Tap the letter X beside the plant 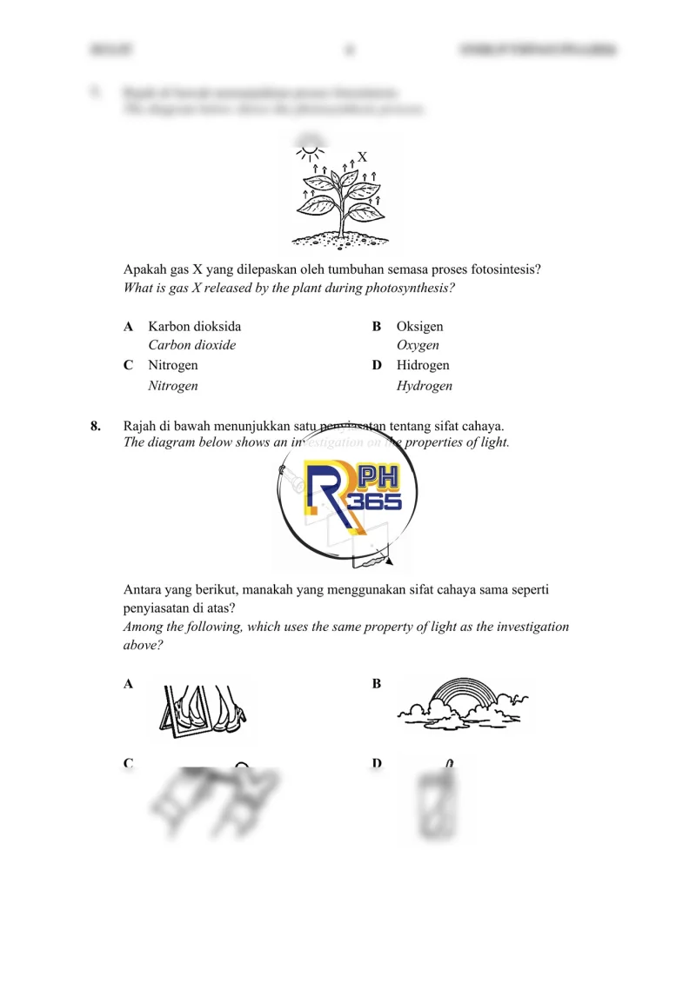click(x=362, y=157)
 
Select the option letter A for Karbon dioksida click(x=129, y=327)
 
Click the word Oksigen click(x=419, y=327)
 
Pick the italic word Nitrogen click(x=173, y=386)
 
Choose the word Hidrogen click(x=423, y=366)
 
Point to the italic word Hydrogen click(x=425, y=386)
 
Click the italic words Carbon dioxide click(x=192, y=345)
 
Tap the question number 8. click(x=96, y=426)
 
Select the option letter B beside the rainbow click(x=377, y=684)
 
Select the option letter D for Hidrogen click(x=377, y=366)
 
